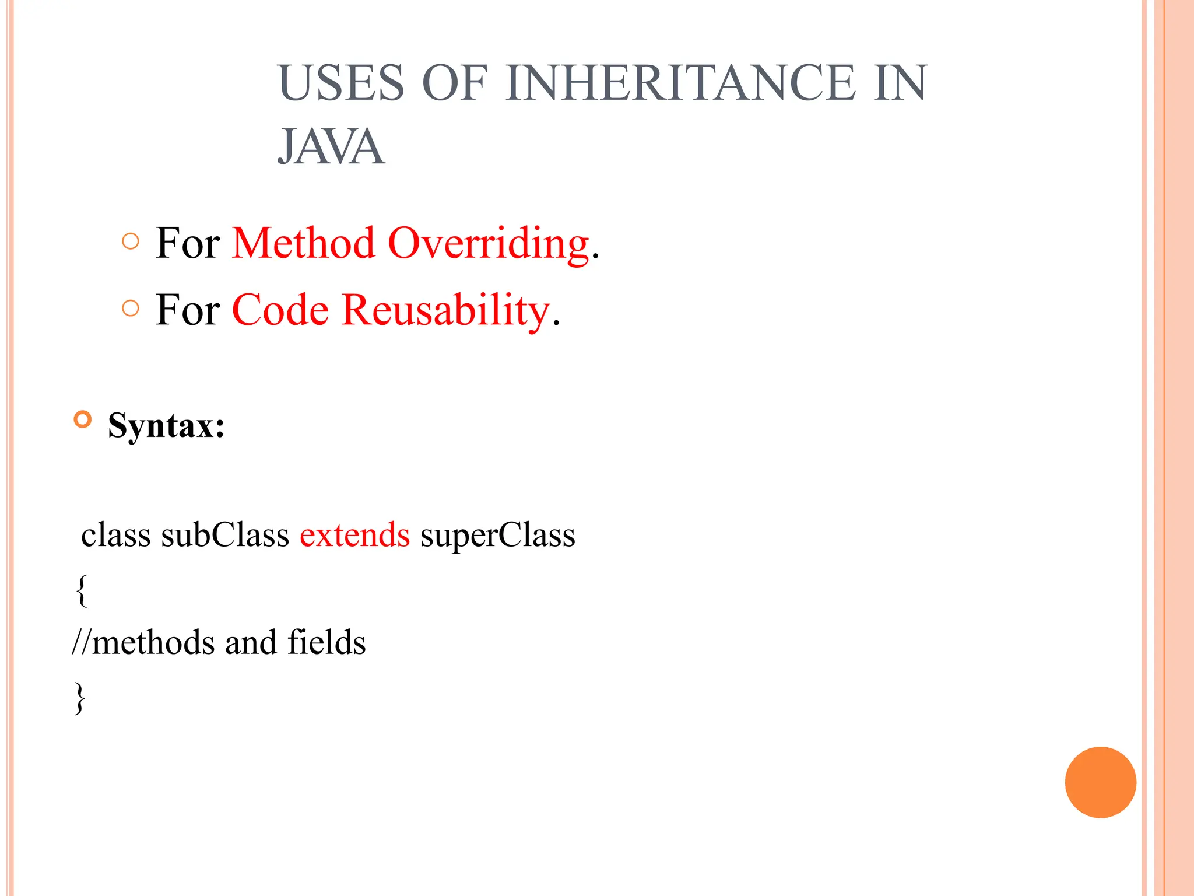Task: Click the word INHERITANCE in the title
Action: [x=680, y=83]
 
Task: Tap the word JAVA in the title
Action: [x=331, y=147]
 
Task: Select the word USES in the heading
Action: [x=342, y=83]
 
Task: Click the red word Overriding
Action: [x=488, y=243]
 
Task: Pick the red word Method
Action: [x=303, y=243]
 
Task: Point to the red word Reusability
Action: [x=445, y=310]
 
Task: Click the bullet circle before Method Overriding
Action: [x=131, y=242]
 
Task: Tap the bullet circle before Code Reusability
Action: [x=131, y=308]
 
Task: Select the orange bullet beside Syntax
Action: [x=83, y=419]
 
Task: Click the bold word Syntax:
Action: [x=166, y=425]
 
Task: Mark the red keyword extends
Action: [x=354, y=535]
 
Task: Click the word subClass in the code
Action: [x=225, y=535]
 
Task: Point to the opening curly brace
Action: [x=82, y=590]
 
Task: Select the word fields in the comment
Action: [x=326, y=642]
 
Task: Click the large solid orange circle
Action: [x=1100, y=782]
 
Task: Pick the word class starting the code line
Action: [x=115, y=535]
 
